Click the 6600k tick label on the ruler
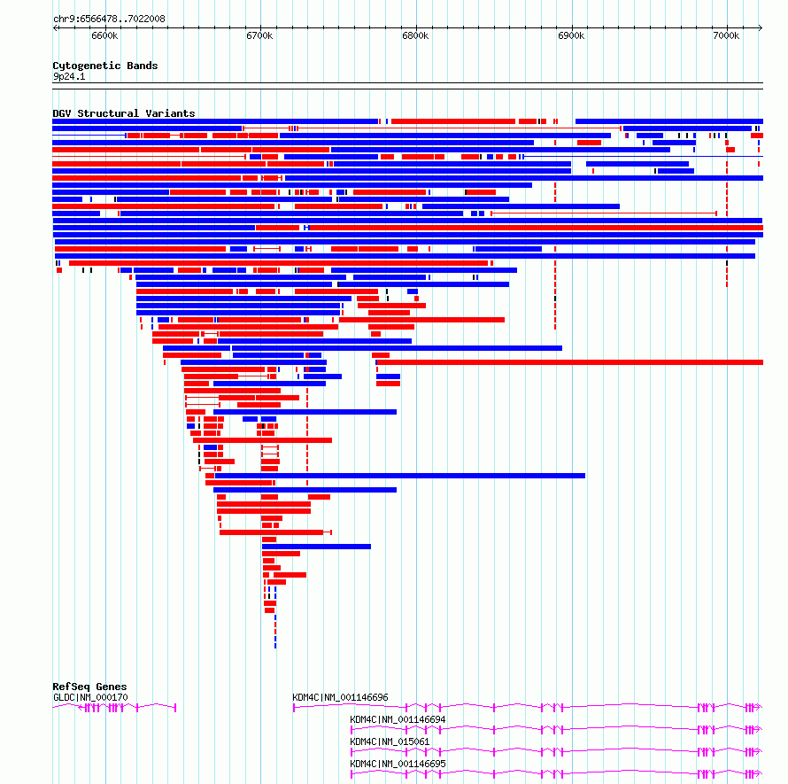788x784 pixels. click(x=104, y=35)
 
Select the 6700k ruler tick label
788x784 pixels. click(x=259, y=35)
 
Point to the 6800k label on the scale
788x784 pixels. click(x=415, y=35)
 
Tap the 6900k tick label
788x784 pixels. click(x=571, y=35)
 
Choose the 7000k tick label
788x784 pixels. click(x=725, y=35)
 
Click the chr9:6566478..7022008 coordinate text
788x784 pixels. click(x=109, y=19)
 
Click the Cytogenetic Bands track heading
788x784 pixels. click(x=104, y=66)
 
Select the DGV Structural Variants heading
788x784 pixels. click(x=123, y=113)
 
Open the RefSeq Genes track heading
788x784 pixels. click(x=89, y=687)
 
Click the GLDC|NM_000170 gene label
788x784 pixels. click(x=90, y=697)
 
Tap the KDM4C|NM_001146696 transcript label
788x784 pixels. click(x=340, y=697)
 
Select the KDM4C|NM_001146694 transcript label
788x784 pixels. click(x=398, y=719)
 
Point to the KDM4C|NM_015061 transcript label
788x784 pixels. click(x=390, y=741)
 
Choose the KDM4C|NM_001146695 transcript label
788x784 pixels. click(x=398, y=764)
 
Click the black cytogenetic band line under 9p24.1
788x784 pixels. click(x=407, y=84)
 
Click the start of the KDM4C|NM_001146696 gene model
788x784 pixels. click(x=294, y=707)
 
